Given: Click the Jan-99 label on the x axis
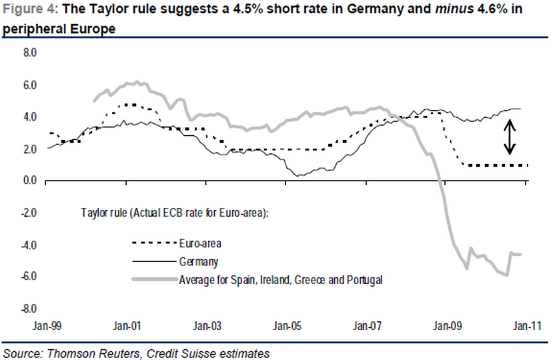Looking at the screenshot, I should tap(47, 327).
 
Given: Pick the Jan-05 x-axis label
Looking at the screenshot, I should tap(288, 327).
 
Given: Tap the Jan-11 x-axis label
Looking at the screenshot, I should tap(528, 327).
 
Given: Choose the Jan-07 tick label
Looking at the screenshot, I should tap(368, 327).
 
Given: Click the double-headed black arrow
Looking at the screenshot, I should tap(510, 136).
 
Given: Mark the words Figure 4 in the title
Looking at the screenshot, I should tap(29, 9).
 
